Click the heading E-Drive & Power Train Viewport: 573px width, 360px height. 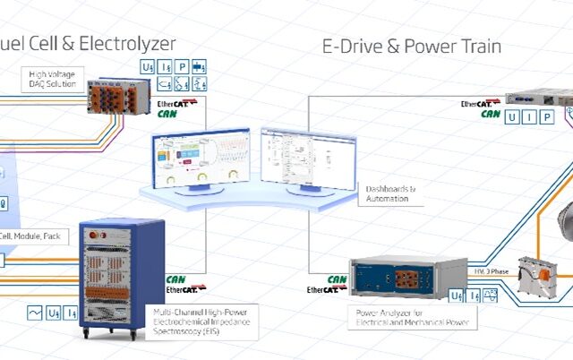pyautogui.click(x=412, y=44)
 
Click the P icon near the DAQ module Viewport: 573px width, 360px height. pyautogui.click(x=182, y=66)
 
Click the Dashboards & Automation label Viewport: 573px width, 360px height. pyautogui.click(x=388, y=193)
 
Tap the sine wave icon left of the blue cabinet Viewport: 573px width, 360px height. pyautogui.click(x=36, y=313)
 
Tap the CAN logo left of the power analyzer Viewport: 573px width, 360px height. pyautogui.click(x=337, y=279)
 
